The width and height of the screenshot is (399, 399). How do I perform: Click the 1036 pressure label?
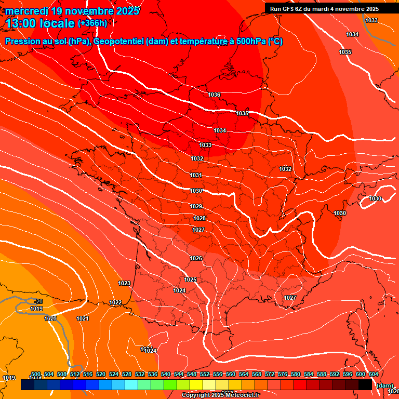click(214, 95)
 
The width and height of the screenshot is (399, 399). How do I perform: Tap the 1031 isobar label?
click(196, 175)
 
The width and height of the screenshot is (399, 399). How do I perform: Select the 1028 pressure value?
click(199, 218)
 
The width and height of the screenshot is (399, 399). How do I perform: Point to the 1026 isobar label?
click(196, 258)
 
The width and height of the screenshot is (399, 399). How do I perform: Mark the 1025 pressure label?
click(191, 280)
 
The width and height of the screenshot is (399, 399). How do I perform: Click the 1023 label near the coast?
click(124, 283)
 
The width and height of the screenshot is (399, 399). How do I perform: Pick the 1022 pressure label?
click(115, 302)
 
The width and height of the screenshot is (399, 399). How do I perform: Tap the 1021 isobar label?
click(83, 318)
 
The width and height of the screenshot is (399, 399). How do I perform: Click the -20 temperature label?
click(38, 301)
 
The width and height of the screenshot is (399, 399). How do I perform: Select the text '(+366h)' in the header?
click(92, 23)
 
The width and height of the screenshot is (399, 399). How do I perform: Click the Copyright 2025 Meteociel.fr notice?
click(220, 395)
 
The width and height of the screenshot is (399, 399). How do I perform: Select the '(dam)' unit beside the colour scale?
click(384, 385)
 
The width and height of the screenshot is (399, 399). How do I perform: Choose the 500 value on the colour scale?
click(36, 374)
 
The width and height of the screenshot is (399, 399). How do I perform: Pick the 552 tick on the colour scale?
click(205, 374)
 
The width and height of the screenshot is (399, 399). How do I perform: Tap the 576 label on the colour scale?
click(283, 374)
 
